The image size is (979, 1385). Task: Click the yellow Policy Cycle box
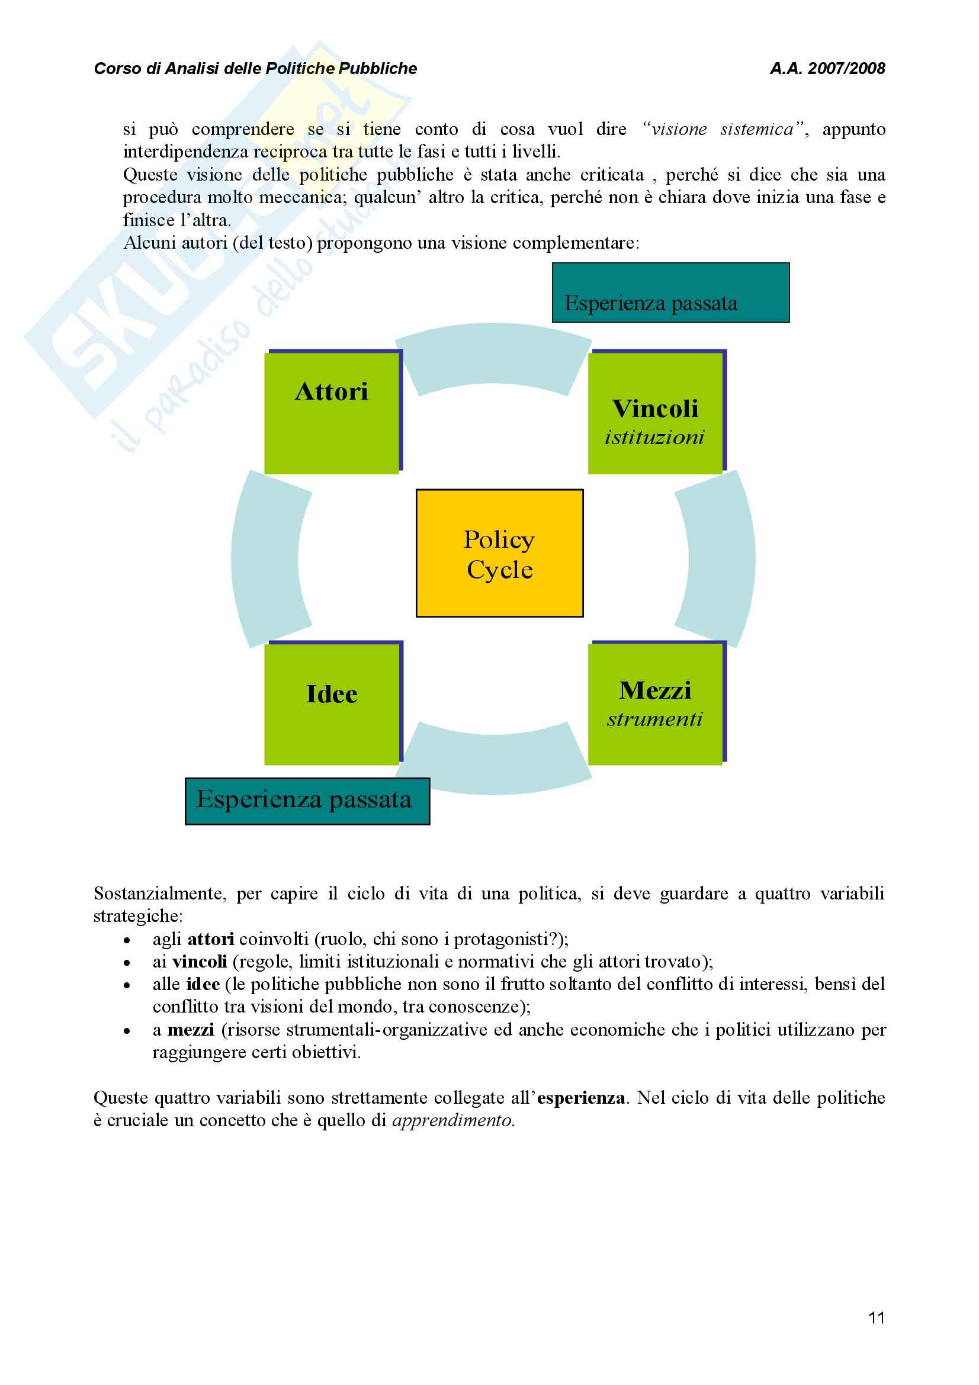point(499,553)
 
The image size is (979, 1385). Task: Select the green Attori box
point(332,413)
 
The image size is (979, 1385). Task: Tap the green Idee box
point(332,704)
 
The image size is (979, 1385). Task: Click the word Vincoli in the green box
point(656,409)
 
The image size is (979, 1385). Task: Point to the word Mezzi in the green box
point(655,690)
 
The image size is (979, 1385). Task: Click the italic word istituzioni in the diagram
point(654,438)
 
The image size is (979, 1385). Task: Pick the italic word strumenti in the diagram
point(654,719)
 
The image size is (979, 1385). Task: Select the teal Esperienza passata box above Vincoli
point(670,293)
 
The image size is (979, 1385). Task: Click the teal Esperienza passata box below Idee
point(307,801)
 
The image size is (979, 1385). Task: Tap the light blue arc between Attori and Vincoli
point(493,356)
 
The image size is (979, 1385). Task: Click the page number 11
point(877,1318)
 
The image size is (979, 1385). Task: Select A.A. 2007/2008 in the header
point(827,69)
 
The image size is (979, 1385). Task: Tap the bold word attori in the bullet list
point(211,939)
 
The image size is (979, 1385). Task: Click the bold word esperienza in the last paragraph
point(581,1098)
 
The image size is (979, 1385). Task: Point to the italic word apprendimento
point(453,1121)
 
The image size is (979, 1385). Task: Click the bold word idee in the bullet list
point(203,985)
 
